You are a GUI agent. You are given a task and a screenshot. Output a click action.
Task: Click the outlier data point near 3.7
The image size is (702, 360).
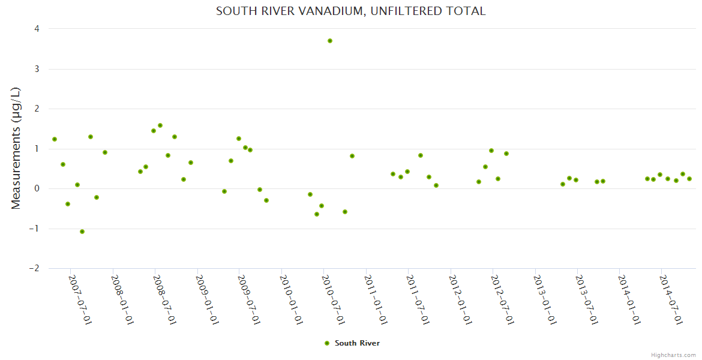click(330, 41)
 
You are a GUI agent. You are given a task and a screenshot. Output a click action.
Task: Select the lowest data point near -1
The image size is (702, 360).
click(82, 232)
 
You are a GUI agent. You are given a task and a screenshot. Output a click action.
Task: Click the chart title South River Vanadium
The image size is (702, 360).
click(350, 11)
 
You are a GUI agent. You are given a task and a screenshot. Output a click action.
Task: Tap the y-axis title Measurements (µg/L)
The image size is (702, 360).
click(16, 148)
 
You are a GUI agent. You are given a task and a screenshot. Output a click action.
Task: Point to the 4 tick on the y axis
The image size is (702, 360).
click(37, 29)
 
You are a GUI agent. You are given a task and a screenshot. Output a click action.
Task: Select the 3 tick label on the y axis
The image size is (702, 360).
click(37, 69)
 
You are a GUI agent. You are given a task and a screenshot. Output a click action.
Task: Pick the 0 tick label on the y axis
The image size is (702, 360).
click(37, 189)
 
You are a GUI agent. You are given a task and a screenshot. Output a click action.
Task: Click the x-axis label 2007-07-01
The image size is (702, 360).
click(80, 300)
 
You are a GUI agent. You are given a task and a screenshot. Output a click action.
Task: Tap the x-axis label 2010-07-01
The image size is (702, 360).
click(334, 300)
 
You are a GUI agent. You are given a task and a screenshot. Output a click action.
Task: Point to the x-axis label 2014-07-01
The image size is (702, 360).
click(671, 300)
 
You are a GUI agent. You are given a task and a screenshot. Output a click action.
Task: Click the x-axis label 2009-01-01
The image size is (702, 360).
click(207, 300)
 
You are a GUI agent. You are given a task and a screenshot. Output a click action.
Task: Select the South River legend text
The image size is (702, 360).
click(357, 343)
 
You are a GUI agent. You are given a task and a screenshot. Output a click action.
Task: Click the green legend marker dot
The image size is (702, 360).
click(327, 343)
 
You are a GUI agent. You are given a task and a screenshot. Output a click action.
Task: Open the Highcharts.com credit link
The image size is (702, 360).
click(673, 355)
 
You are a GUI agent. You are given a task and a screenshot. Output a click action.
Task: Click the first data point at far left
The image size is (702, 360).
click(55, 139)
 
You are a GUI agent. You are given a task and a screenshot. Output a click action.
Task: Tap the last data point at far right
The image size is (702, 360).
click(689, 179)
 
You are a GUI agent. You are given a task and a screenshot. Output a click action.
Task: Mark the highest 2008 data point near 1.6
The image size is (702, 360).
click(160, 125)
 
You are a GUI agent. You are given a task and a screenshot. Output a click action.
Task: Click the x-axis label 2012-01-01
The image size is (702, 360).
click(460, 300)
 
